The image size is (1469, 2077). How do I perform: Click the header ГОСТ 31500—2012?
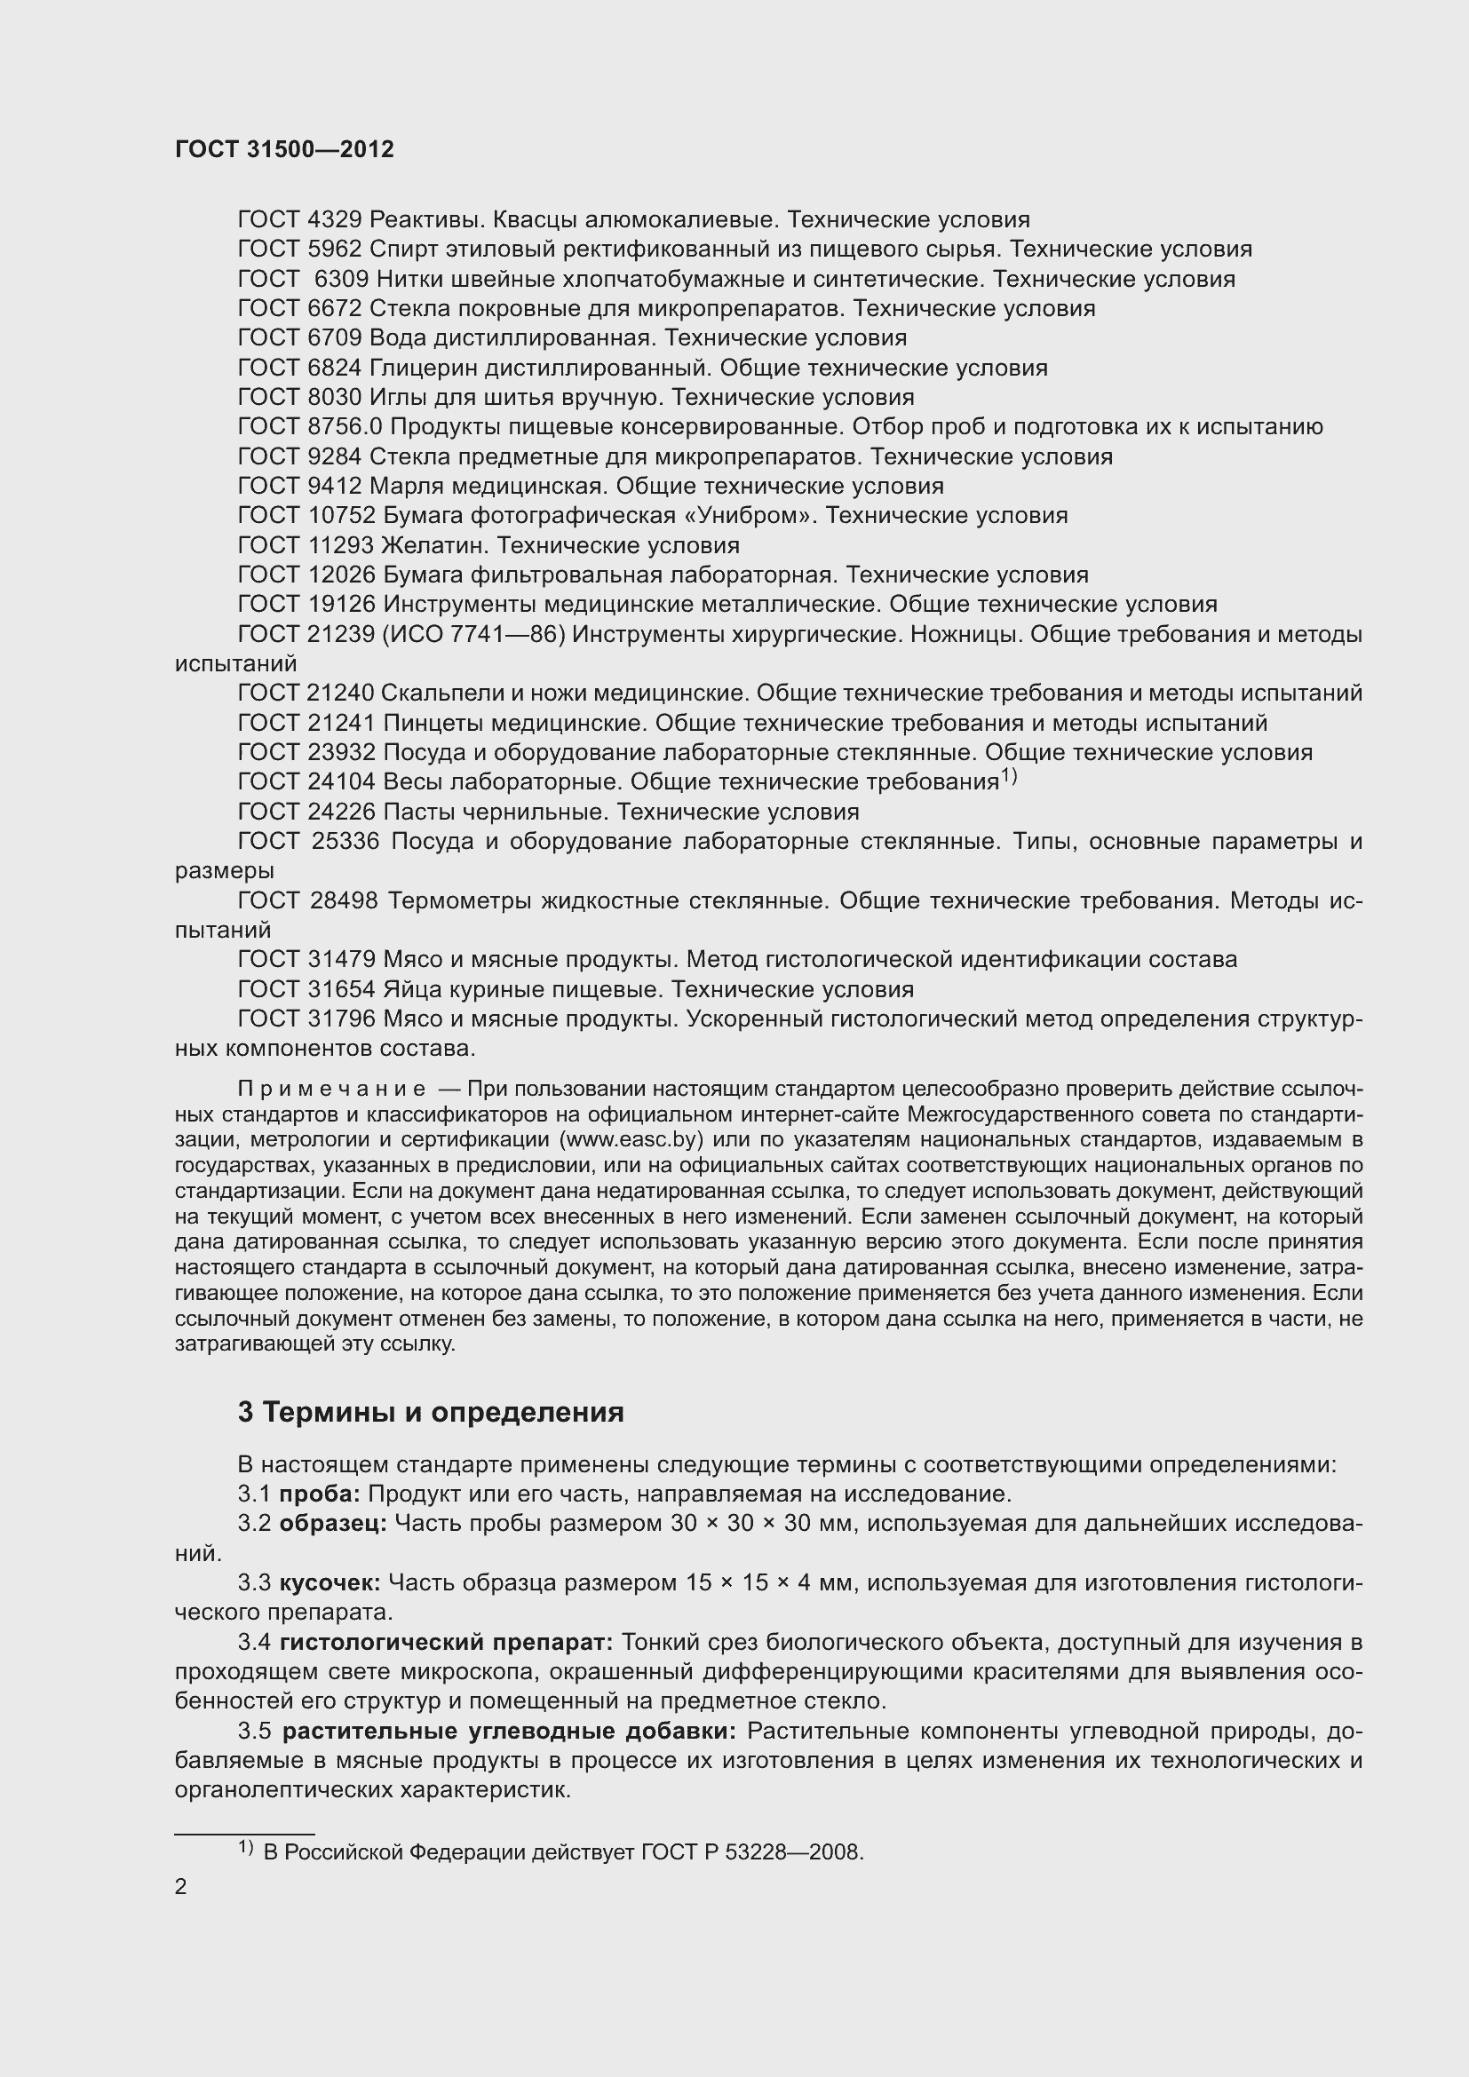284,150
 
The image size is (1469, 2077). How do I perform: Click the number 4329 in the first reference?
335,220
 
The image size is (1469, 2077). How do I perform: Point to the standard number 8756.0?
345,427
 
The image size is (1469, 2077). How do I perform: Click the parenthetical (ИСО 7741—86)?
474,635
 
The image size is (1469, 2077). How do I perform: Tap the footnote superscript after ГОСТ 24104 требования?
1009,776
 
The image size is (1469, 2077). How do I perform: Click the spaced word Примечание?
331,1089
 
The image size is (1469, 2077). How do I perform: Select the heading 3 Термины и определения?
431,1413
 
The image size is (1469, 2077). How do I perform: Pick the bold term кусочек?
330,1583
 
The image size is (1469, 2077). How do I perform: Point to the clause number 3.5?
254,1732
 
